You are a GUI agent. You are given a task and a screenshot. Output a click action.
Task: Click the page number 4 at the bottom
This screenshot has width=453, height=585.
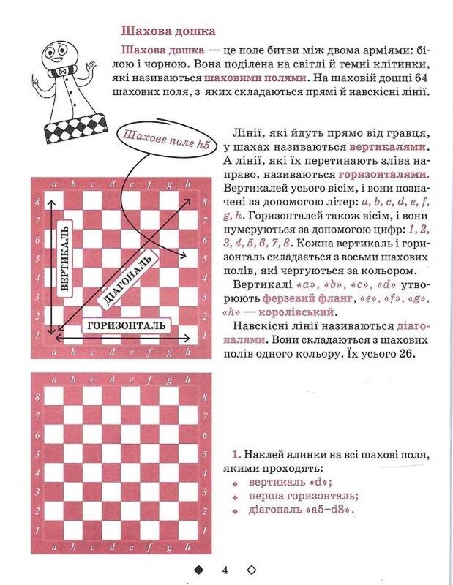pos(225,570)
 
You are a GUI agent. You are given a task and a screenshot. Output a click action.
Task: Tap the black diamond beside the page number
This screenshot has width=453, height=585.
pos(197,570)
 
